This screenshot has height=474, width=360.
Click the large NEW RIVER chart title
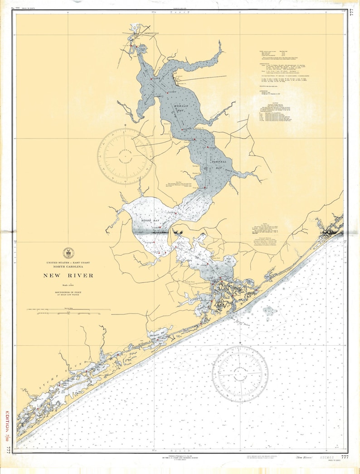(68, 276)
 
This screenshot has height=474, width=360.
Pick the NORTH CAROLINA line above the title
(68, 267)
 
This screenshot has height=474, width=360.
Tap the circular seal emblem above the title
(68, 253)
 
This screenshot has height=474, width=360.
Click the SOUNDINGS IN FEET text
(68, 294)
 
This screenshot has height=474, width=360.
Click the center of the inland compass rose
(125, 156)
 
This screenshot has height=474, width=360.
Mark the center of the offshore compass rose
(240, 374)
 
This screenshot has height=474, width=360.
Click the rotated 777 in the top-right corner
(351, 13)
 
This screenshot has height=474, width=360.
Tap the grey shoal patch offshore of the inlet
(270, 311)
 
